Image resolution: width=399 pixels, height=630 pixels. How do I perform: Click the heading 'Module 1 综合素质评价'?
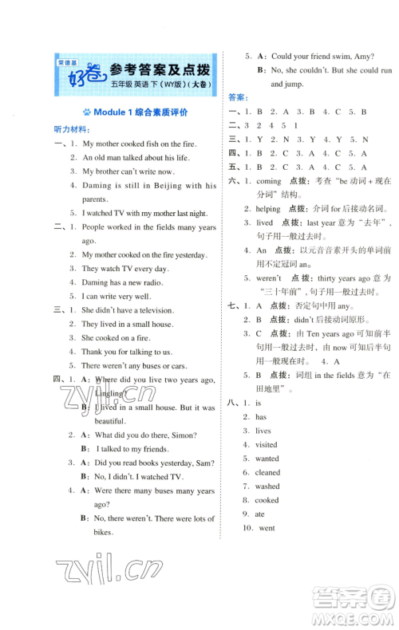tap(140, 112)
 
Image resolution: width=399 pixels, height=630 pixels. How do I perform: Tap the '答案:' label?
tap(237, 97)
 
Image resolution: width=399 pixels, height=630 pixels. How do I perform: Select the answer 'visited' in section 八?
tap(267, 444)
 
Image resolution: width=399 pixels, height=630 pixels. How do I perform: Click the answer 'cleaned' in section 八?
tap(267, 472)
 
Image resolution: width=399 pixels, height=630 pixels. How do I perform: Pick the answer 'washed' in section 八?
tap(267, 486)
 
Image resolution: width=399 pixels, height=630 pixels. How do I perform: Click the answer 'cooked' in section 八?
tap(267, 500)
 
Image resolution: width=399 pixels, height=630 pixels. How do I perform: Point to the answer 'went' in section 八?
tap(267, 528)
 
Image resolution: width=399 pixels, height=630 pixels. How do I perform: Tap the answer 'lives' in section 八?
tap(263, 431)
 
